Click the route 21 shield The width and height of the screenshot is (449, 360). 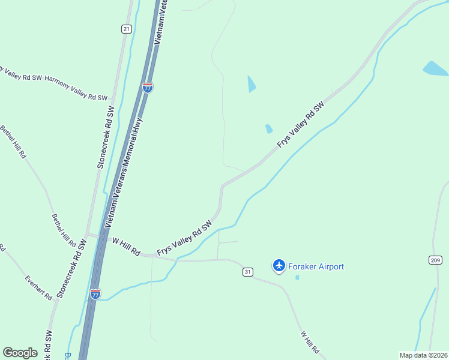click(126, 29)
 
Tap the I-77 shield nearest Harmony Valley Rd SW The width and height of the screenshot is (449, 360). click(148, 88)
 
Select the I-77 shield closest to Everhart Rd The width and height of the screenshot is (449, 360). click(95, 293)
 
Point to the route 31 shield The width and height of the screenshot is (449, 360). click(247, 272)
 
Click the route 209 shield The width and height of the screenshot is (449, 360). click(435, 260)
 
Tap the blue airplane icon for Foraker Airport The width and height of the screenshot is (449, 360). click(279, 265)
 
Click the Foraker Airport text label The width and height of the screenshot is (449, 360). click(316, 266)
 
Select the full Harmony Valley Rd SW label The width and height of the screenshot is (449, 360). click(76, 88)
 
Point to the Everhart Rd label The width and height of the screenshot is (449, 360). click(38, 287)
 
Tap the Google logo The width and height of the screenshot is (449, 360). click(20, 352)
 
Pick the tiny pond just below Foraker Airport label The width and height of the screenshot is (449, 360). click(297, 277)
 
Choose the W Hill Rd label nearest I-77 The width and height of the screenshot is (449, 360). click(126, 247)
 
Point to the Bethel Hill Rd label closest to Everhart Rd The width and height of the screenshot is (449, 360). click(64, 230)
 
